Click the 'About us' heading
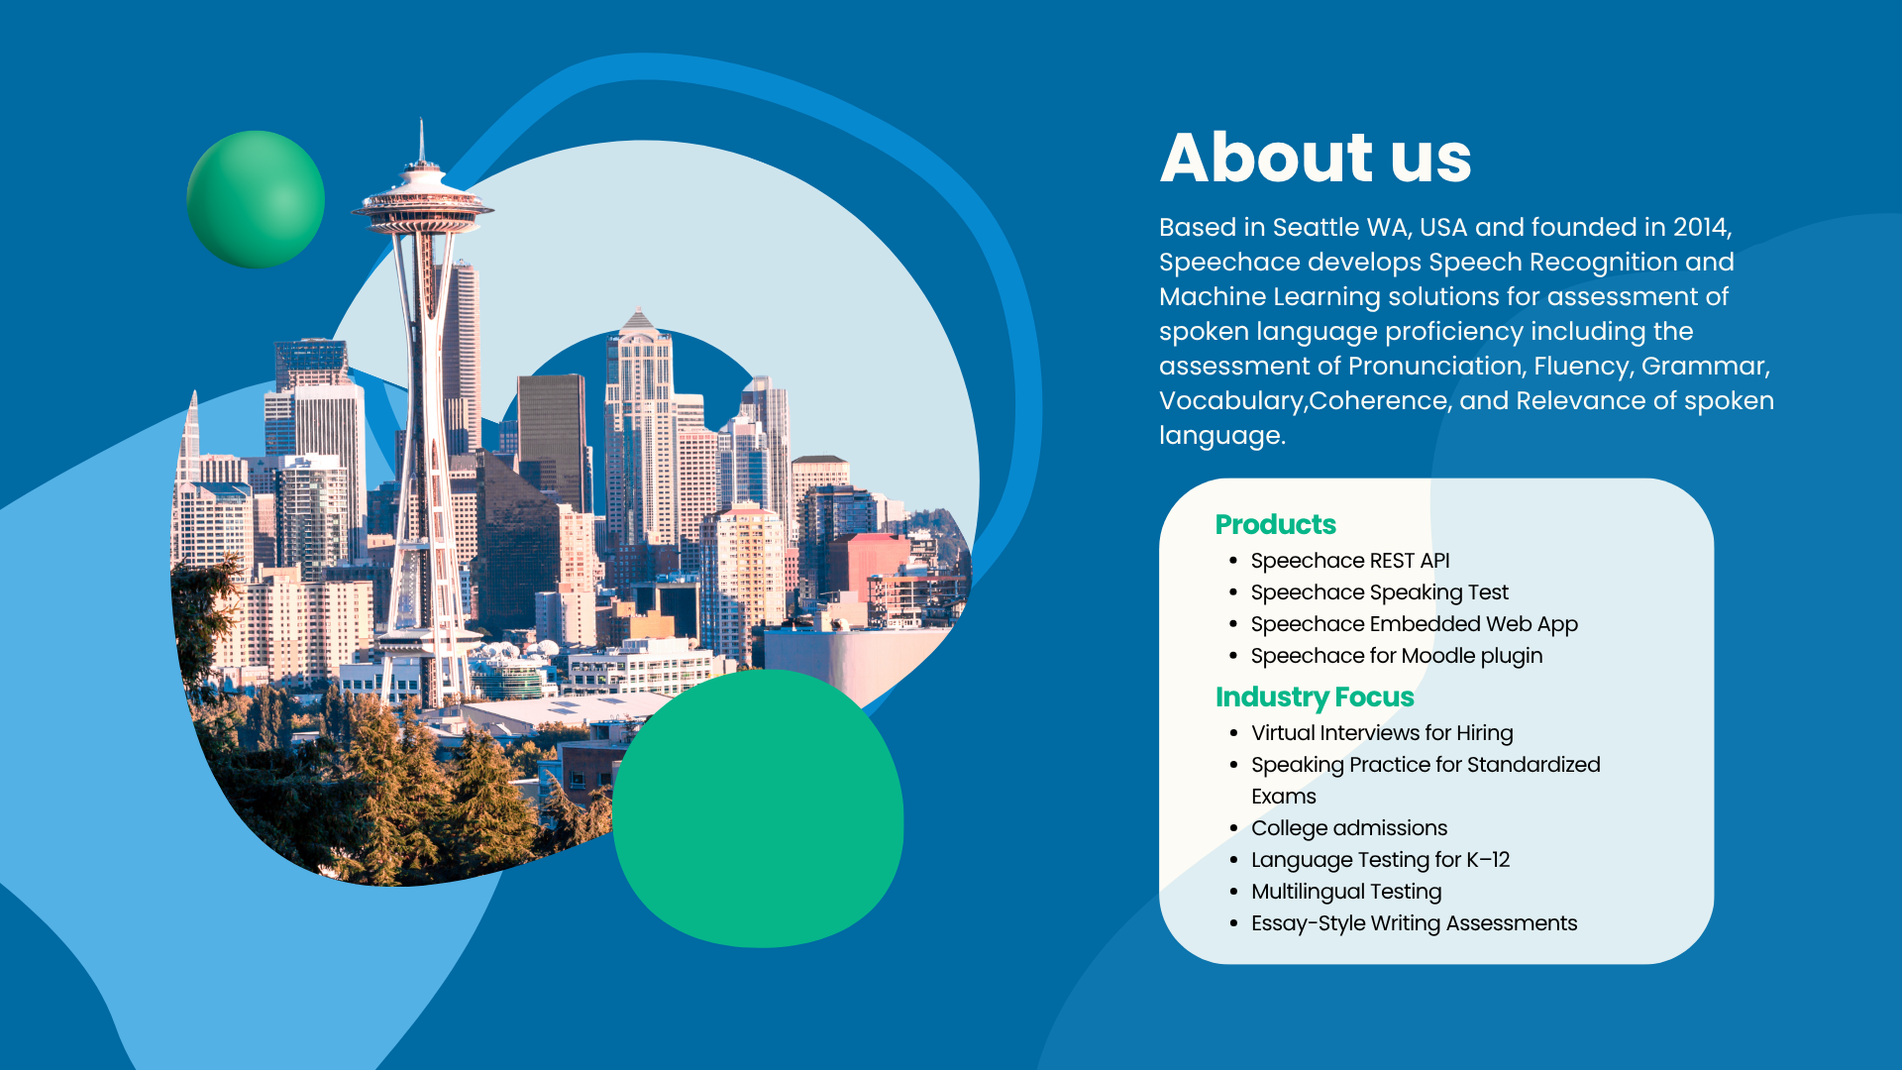[x=1316, y=158]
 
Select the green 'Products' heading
[x=1275, y=524]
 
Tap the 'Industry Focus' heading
[x=1315, y=697]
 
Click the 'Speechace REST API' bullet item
[x=1350, y=561]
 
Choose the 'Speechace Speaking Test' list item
[x=1379, y=592]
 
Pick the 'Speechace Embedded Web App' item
[x=1414, y=624]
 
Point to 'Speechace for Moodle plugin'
[x=1397, y=656]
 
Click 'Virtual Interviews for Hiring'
[x=1382, y=733]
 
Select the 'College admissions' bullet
[x=1349, y=828]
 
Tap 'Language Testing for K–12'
[x=1380, y=860]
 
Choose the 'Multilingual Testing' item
[x=1346, y=892]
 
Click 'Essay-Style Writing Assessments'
[x=1414, y=923]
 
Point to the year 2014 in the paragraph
[x=1701, y=228]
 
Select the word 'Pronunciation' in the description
[x=1435, y=367]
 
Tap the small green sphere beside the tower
[x=256, y=199]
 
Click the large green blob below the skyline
[x=758, y=808]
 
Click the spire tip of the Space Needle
[x=422, y=120]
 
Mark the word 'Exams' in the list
[x=1284, y=797]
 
